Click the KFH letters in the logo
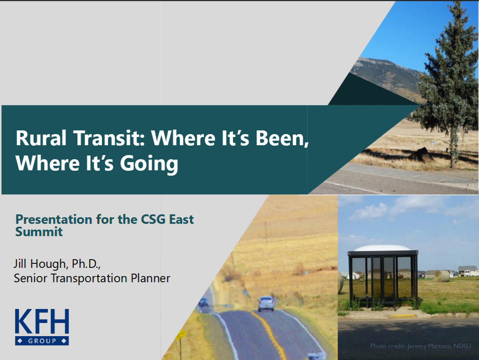tap(42, 321)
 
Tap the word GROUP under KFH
tap(42, 341)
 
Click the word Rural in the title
tap(41, 138)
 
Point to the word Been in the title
tap(281, 138)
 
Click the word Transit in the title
tap(109, 138)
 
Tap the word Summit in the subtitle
tap(39, 232)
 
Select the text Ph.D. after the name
tap(86, 264)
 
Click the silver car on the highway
tap(266, 303)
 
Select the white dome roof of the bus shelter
tap(382, 248)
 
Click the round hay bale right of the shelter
tap(442, 276)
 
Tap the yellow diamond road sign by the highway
tap(181, 335)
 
